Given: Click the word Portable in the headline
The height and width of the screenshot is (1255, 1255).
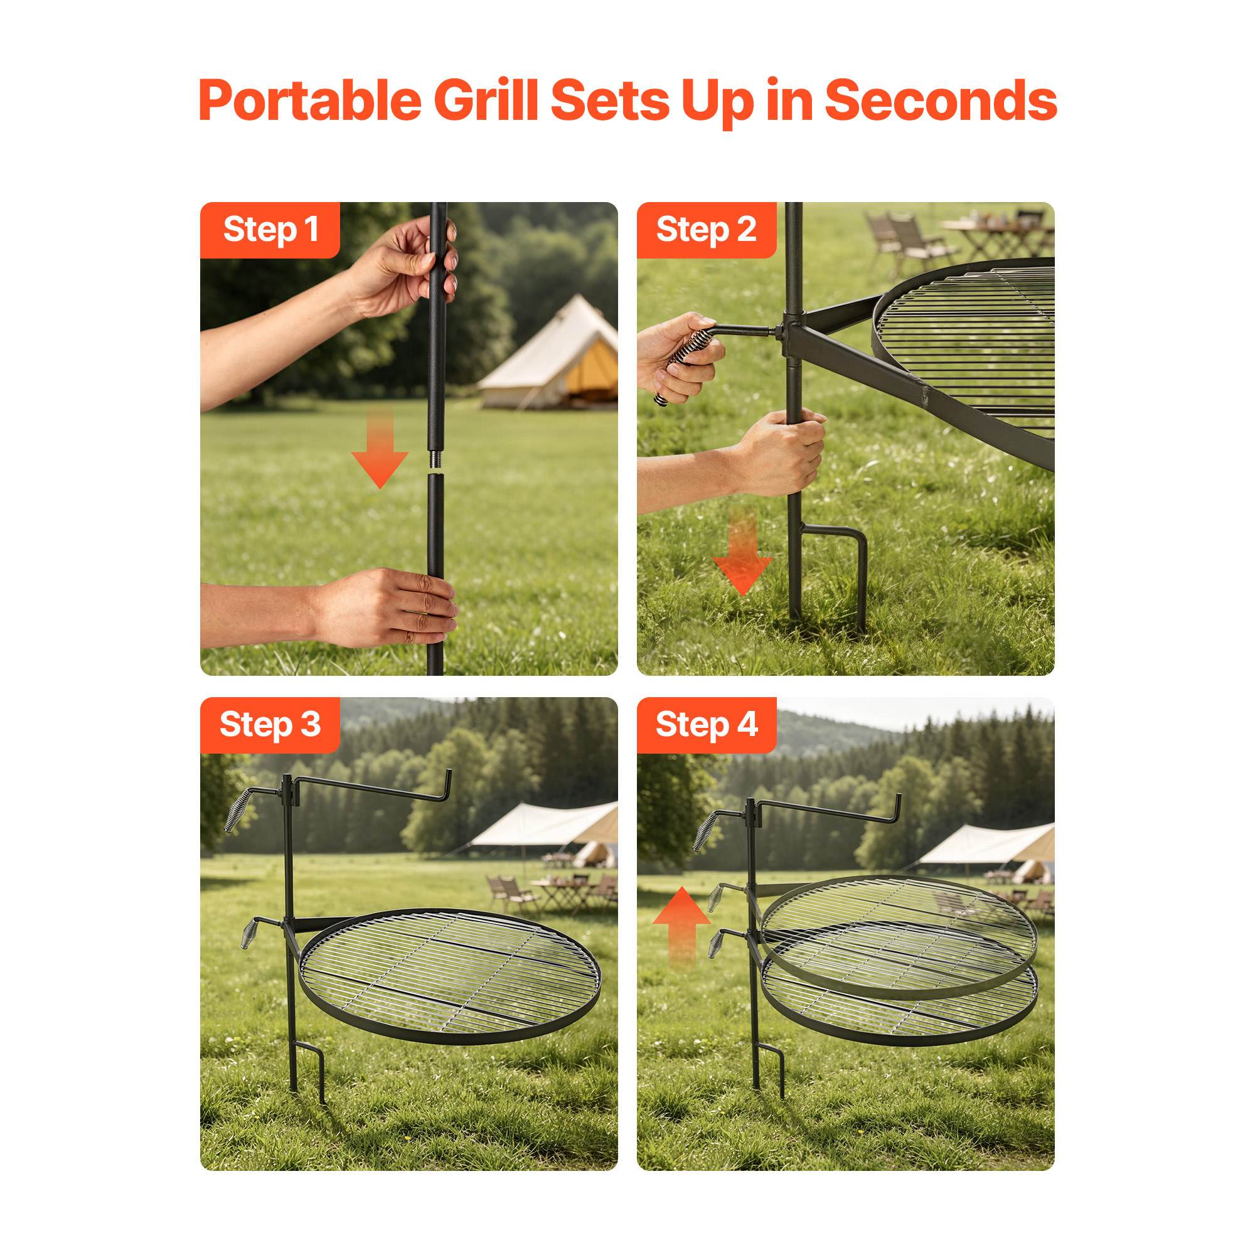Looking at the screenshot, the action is [311, 100].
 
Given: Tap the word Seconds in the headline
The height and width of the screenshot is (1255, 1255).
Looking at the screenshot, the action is [941, 100].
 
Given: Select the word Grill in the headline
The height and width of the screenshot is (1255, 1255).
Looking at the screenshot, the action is [486, 100].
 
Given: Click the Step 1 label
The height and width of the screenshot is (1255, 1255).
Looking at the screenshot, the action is [270, 230].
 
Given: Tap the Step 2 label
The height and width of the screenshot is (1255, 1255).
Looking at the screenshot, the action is [706, 230].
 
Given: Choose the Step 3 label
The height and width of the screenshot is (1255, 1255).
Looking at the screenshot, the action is [270, 725].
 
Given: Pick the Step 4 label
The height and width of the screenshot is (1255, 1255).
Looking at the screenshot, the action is [706, 725].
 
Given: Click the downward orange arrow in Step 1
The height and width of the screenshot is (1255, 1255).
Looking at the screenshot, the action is [380, 448].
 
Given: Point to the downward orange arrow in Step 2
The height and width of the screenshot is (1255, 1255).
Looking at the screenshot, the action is [742, 552].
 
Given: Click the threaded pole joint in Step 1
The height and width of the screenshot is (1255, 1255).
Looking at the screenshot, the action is [435, 459].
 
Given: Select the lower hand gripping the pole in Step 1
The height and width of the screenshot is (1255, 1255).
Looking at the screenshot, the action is [383, 607].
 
